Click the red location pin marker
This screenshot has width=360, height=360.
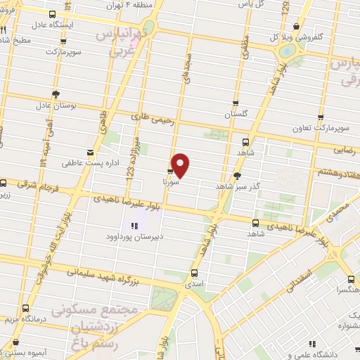click(x=181, y=165)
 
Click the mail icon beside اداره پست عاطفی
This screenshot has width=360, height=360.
click(x=89, y=152)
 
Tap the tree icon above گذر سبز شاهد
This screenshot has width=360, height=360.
click(x=237, y=176)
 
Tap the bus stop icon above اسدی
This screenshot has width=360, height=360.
click(x=194, y=272)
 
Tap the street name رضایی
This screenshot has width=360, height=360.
click(x=346, y=149)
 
